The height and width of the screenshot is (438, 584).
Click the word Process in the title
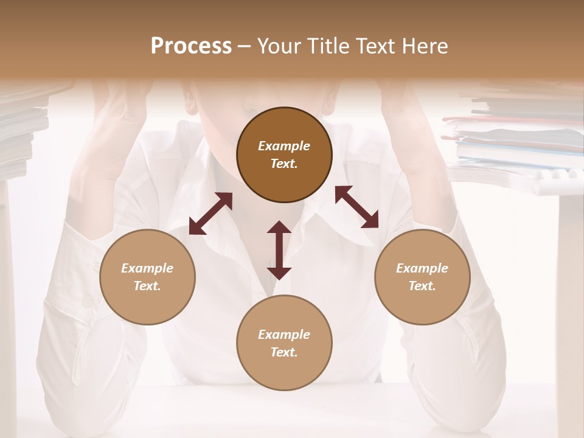[191, 46]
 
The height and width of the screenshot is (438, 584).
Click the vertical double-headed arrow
[279, 250]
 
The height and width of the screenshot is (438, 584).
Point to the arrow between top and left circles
[210, 214]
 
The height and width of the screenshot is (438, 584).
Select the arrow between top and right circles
[356, 207]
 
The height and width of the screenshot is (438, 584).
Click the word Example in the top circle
[284, 146]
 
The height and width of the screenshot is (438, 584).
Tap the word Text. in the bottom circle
[284, 352]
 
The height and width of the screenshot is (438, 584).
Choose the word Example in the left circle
[147, 268]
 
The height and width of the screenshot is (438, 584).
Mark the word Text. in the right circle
[422, 286]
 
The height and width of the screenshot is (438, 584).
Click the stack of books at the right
[517, 140]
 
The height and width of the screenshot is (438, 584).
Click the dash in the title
[245, 46]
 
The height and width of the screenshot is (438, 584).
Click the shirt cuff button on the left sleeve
[88, 301]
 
